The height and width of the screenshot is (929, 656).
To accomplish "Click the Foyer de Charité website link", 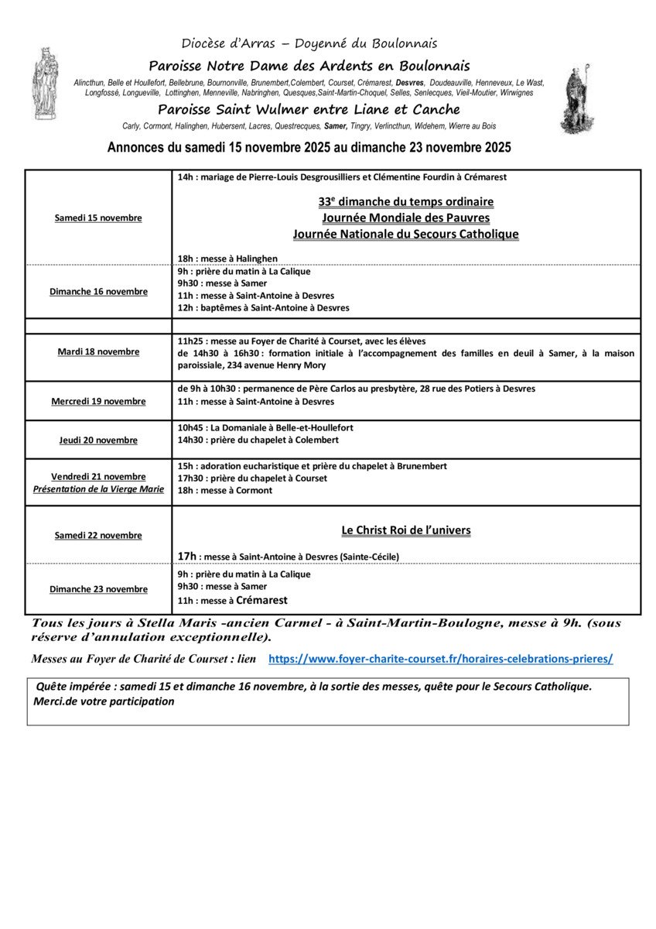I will (x=440, y=659).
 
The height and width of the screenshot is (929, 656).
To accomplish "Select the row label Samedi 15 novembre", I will (x=98, y=218).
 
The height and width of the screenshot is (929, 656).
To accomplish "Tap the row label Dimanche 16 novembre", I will (x=98, y=292).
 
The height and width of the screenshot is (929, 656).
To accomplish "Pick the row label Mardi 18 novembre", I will (x=98, y=351).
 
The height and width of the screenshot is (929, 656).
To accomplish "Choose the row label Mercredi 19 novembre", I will (x=98, y=401).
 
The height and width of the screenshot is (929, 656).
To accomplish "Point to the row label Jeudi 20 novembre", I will (x=98, y=440).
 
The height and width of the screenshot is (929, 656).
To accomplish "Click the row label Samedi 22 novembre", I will (x=98, y=535).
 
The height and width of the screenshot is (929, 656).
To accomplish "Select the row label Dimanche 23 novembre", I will (x=98, y=589).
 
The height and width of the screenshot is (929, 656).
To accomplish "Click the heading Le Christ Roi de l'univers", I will (x=406, y=530).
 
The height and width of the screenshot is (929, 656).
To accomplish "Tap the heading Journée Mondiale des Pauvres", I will (x=406, y=218).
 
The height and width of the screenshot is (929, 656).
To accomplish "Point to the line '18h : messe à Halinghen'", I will (x=227, y=259).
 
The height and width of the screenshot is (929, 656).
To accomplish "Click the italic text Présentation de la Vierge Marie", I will (x=98, y=489).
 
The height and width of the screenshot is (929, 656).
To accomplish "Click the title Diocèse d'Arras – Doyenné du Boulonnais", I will (x=309, y=43).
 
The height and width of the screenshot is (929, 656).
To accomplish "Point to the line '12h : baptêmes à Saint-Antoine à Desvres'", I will (x=263, y=307).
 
